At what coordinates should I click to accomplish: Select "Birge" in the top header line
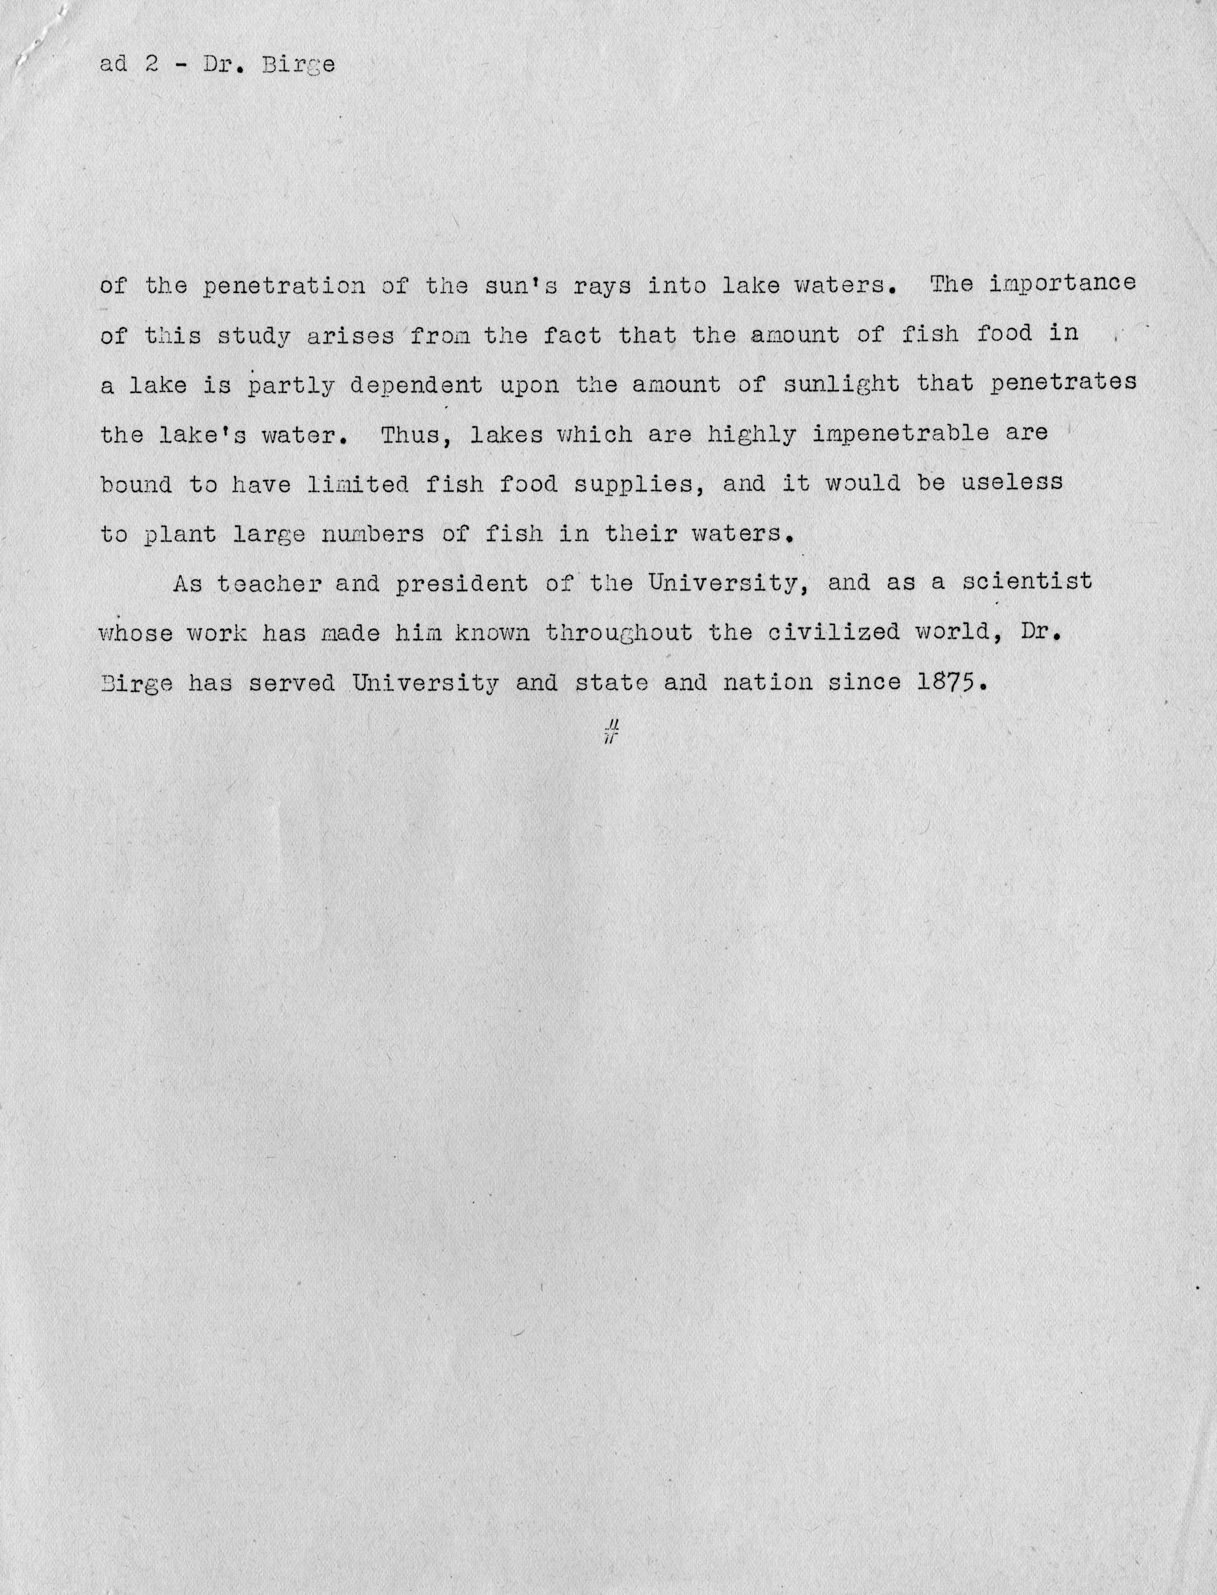[298, 65]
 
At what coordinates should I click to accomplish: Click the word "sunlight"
[842, 384]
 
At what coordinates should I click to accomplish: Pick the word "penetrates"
[1063, 384]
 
